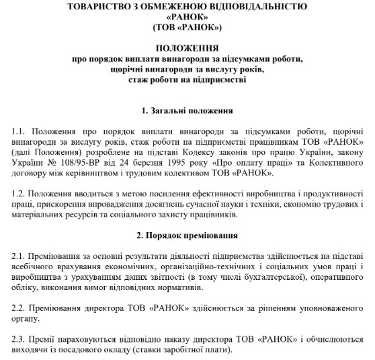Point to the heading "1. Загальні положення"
point(187,110)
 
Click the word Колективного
point(333,162)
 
